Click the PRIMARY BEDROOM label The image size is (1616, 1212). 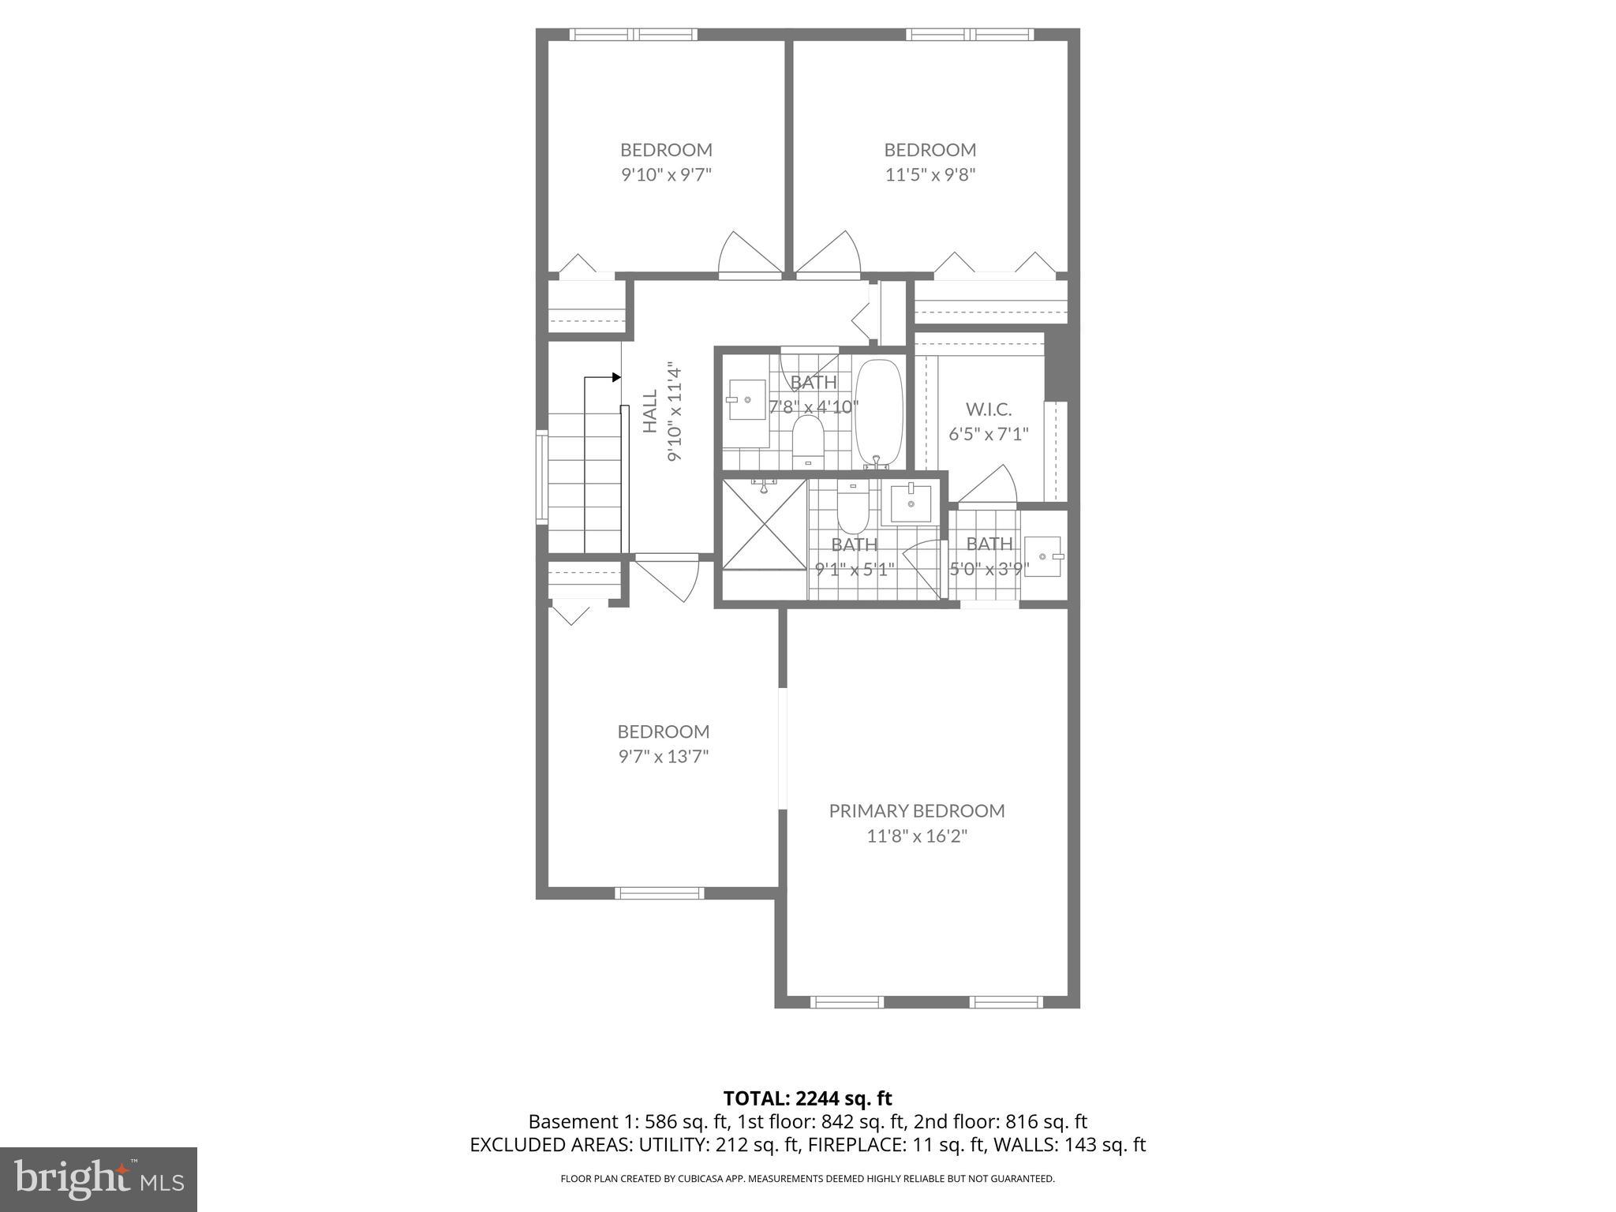[916, 810]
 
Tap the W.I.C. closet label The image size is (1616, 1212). [988, 409]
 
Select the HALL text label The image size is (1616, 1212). [650, 411]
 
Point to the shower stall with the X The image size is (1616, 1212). [762, 524]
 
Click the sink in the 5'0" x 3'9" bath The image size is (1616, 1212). [1043, 556]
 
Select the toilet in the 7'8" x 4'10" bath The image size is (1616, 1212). [807, 439]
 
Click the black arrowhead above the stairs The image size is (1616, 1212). [615, 378]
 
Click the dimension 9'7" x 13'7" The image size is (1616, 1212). [663, 757]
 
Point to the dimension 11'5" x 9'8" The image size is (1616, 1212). [930, 174]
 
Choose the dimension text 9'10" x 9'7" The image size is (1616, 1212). [666, 174]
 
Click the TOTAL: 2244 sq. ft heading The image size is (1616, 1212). [807, 1098]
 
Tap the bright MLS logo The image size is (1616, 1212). [99, 1179]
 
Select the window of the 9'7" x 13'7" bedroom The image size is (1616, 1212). [659, 893]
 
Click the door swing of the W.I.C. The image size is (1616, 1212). [990, 485]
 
